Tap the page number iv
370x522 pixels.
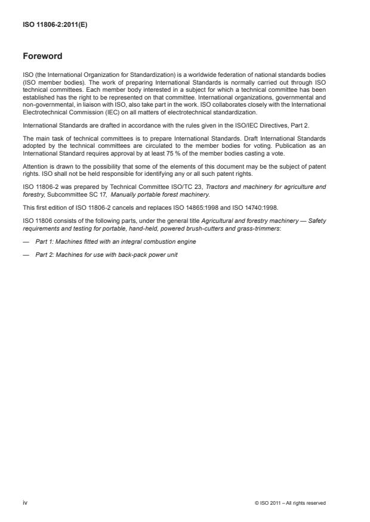coord(25,503)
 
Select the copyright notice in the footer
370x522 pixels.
coord(290,504)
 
